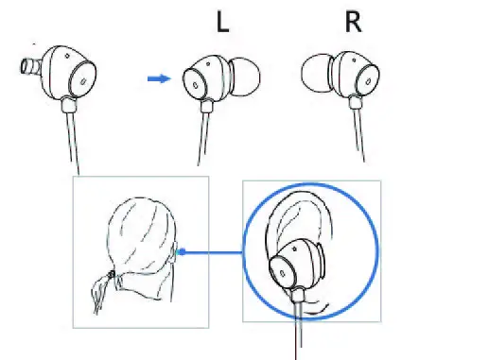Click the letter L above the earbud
pyautogui.click(x=222, y=24)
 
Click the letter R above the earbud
pyautogui.click(x=354, y=23)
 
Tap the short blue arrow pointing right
pyautogui.click(x=159, y=79)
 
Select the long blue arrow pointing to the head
pyautogui.click(x=214, y=252)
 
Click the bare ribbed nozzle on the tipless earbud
pyautogui.click(x=29, y=69)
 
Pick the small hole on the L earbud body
pyautogui.click(x=194, y=83)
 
